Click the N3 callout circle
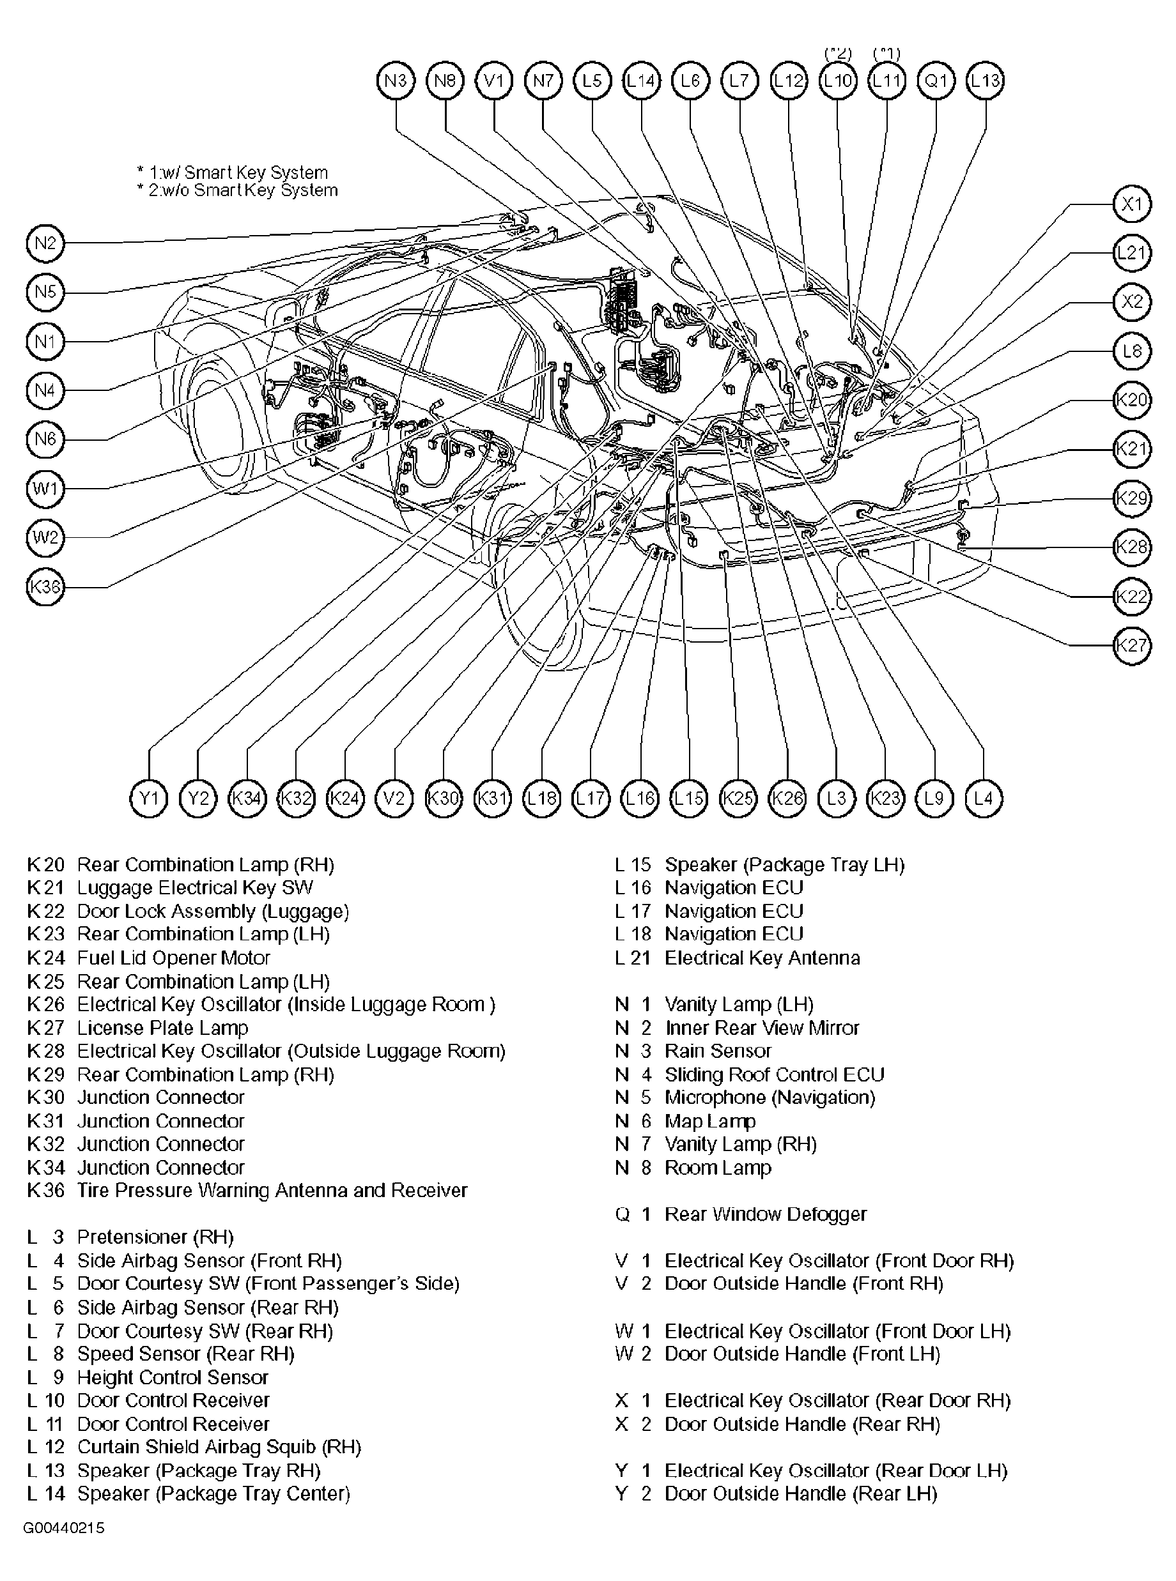(396, 81)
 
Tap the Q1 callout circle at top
(936, 81)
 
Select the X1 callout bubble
(1132, 205)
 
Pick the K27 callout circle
(1132, 645)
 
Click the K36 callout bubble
(45, 587)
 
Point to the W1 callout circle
(45, 489)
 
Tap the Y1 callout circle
(149, 798)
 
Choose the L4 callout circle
(984, 798)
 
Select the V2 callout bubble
(394, 798)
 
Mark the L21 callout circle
(1132, 252)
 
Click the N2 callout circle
(45, 243)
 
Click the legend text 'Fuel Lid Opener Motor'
(174, 958)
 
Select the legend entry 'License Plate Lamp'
(163, 1028)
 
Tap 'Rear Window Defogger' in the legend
(765, 1214)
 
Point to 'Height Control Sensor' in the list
(173, 1377)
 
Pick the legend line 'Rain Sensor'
(718, 1051)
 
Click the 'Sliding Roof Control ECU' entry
(775, 1074)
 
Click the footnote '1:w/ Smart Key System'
(238, 173)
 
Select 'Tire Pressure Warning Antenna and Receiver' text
(272, 1190)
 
